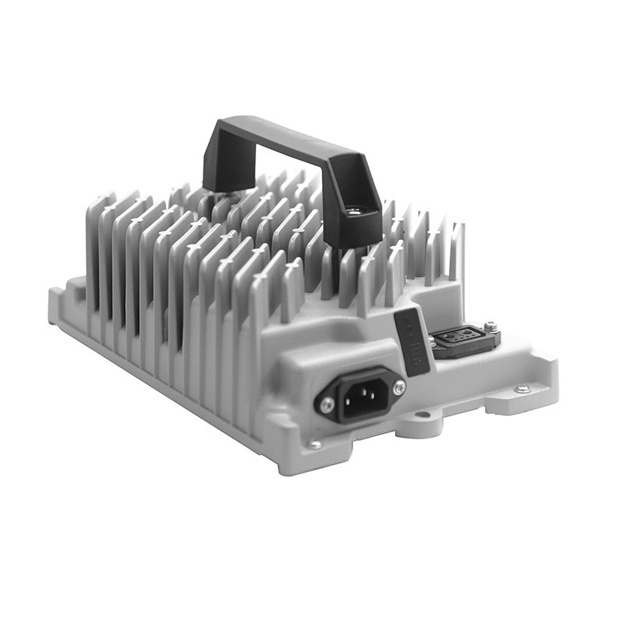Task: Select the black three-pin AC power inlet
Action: coord(362,395)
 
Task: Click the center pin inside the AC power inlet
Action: coord(363,395)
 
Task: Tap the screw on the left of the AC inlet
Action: coord(327,404)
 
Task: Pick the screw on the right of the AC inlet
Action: coord(399,387)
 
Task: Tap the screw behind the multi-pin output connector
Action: coord(490,327)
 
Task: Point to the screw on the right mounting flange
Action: coord(522,387)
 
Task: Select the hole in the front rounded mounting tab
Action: coord(423,415)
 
